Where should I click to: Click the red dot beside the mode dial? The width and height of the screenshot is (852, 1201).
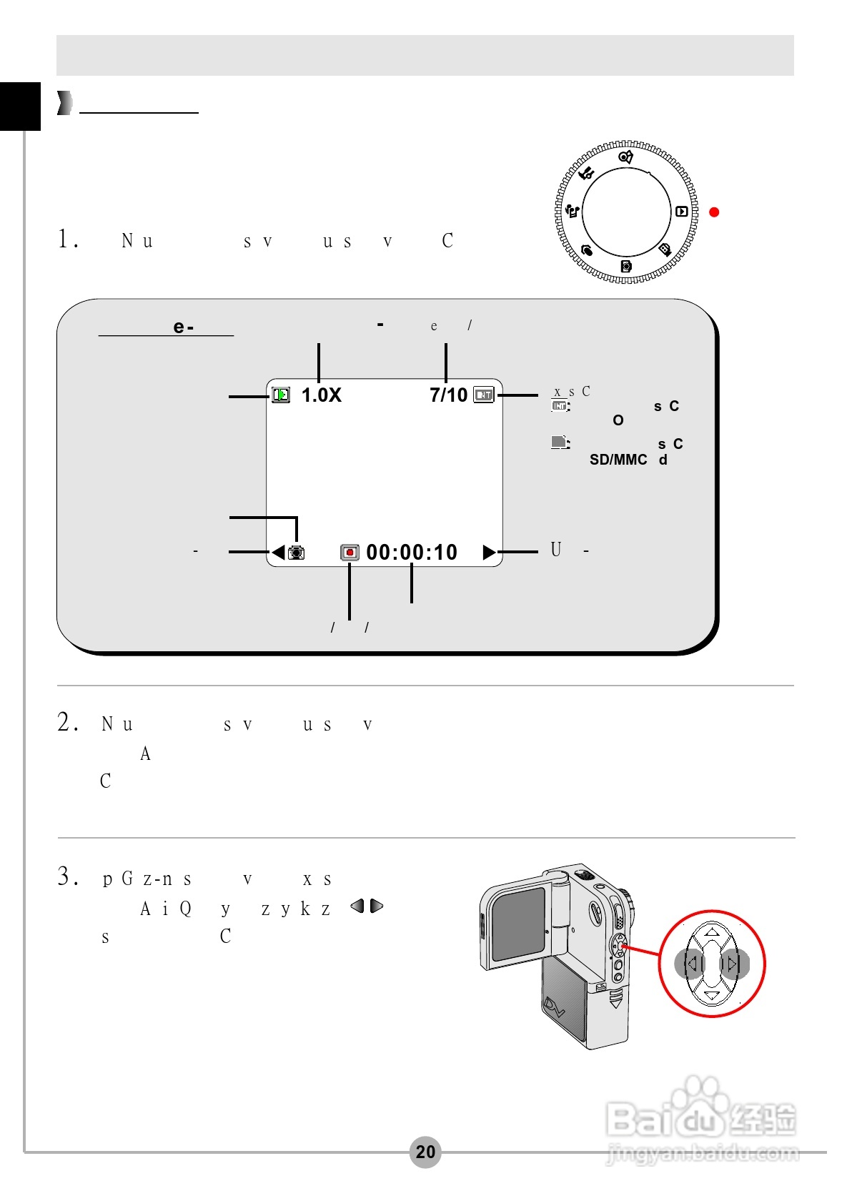[x=713, y=212]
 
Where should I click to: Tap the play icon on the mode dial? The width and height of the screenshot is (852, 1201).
[x=681, y=212]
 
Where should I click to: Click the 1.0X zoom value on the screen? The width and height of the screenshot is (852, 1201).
[x=321, y=395]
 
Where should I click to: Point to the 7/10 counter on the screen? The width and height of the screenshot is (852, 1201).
[x=448, y=395]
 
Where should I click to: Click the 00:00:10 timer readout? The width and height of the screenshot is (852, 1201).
[x=412, y=553]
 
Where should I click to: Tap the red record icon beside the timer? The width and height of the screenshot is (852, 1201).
[x=350, y=553]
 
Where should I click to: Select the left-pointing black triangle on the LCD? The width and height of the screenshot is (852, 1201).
[x=278, y=553]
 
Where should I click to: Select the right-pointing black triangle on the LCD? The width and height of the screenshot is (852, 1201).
[x=490, y=553]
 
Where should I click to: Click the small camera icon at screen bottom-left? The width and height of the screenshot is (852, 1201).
[x=296, y=553]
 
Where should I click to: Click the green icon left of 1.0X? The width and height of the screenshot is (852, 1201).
[x=281, y=395]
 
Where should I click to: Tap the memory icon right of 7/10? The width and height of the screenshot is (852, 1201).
[x=484, y=395]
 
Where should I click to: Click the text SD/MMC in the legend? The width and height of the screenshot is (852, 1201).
[x=618, y=460]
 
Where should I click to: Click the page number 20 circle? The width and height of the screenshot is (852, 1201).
[x=425, y=1152]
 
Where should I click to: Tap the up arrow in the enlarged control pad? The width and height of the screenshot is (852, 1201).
[x=712, y=932]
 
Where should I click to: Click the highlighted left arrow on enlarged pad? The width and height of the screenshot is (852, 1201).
[x=690, y=964]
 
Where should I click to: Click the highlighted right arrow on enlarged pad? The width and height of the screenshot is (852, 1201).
[x=733, y=964]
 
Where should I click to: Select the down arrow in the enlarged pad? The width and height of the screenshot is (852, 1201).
[x=712, y=995]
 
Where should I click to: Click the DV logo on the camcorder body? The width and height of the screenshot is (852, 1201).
[x=555, y=1008]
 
